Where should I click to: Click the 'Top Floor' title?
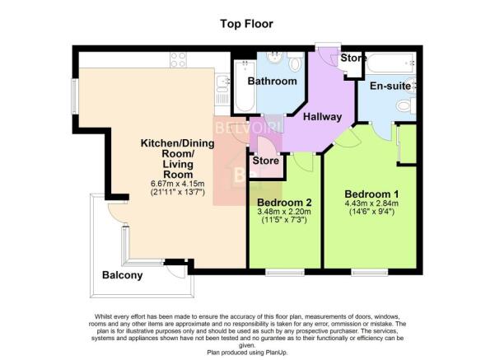pos(246,24)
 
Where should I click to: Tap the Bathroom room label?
pos(272,82)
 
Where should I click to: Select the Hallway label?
pos(322,117)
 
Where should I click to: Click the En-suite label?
pos(390,86)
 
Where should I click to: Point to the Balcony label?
pos(122,275)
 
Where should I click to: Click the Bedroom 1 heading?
pos(371,194)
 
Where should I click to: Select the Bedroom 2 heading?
pos(284,202)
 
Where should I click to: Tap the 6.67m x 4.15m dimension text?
pos(178,184)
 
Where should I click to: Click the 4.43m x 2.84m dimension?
pos(371,203)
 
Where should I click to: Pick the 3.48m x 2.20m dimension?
pos(284,212)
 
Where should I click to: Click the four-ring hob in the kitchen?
pos(178,59)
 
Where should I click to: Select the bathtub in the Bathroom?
pos(245,86)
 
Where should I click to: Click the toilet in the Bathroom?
pos(295,62)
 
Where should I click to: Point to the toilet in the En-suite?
pos(406,105)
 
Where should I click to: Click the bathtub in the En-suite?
pos(391,63)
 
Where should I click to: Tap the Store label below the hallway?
pos(265,161)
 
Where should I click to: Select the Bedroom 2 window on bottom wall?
pos(285,272)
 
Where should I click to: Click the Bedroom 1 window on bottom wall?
pos(369,272)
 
